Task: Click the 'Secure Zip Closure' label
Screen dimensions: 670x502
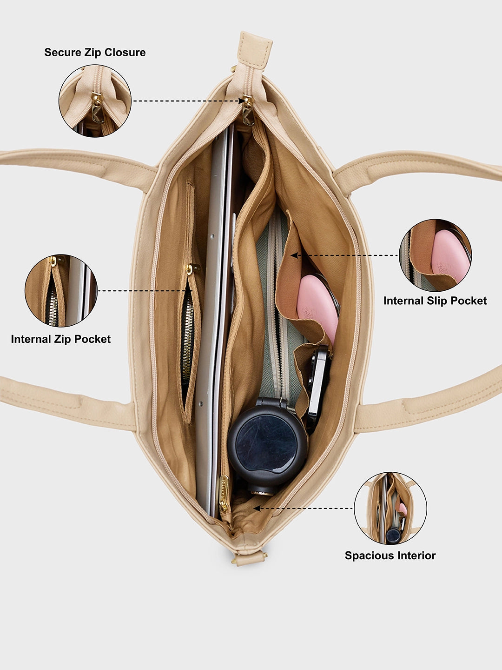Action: tap(95, 53)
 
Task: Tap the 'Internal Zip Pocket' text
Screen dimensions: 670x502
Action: tap(61, 339)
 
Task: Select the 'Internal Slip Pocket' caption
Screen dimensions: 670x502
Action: tap(435, 301)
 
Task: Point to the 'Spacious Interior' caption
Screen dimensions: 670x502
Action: tap(390, 556)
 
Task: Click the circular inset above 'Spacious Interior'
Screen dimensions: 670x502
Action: tap(390, 508)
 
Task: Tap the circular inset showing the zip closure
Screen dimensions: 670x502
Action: tap(95, 101)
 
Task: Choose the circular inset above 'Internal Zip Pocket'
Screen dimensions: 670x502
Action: tap(61, 291)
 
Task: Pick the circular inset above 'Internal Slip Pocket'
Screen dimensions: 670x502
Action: tap(435, 255)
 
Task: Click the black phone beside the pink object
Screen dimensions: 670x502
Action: tap(319, 382)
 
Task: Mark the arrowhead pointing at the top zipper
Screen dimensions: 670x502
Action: tap(242, 100)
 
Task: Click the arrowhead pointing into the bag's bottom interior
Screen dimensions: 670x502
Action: tap(256, 509)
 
